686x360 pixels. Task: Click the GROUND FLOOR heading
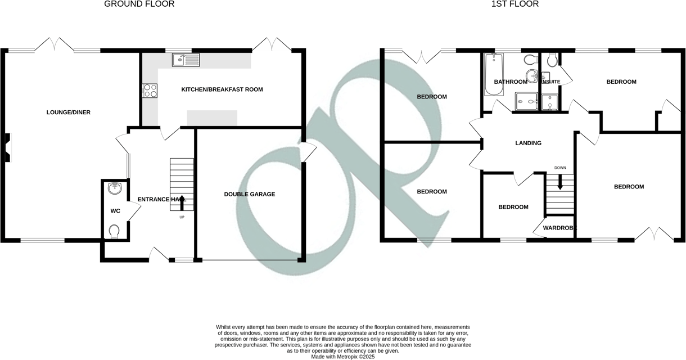[139, 4]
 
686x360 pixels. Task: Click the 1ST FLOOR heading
[514, 4]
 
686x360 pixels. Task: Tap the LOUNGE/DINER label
[68, 112]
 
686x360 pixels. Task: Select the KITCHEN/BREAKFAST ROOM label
[222, 89]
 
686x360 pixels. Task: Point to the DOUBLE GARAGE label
[250, 194]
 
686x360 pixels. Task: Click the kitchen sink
[186, 59]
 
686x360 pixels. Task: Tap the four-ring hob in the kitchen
[150, 90]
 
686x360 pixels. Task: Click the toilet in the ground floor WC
[115, 231]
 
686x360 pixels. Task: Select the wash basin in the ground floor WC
[115, 188]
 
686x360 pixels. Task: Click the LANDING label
[528, 143]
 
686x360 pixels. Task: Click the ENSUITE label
[550, 82]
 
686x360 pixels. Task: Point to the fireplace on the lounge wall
[7, 147]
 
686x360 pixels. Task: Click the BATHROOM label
[510, 82]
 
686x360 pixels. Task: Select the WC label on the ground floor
[115, 211]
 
